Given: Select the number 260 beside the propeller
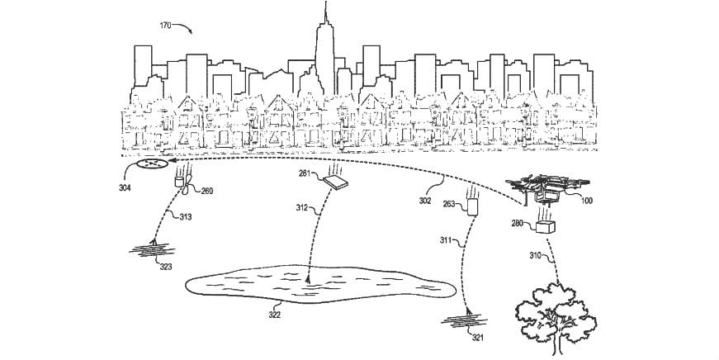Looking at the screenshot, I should (x=206, y=191).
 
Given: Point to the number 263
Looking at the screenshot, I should (x=448, y=203).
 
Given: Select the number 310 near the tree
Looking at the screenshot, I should (x=535, y=257).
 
